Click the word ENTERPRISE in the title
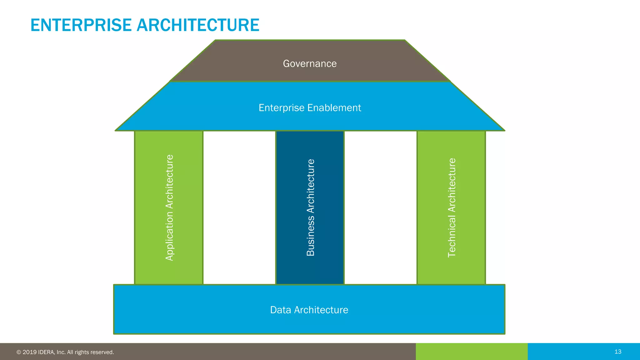[81, 25]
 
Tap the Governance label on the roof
[310, 63]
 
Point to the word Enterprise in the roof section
[281, 108]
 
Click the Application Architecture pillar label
[169, 208]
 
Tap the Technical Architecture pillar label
[452, 208]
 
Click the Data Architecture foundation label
[309, 310]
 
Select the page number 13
[618, 352]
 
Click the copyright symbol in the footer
[19, 352]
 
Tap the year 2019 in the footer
[30, 352]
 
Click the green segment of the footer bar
[472, 352]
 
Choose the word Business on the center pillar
[310, 237]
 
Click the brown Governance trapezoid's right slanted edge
[427, 61]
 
